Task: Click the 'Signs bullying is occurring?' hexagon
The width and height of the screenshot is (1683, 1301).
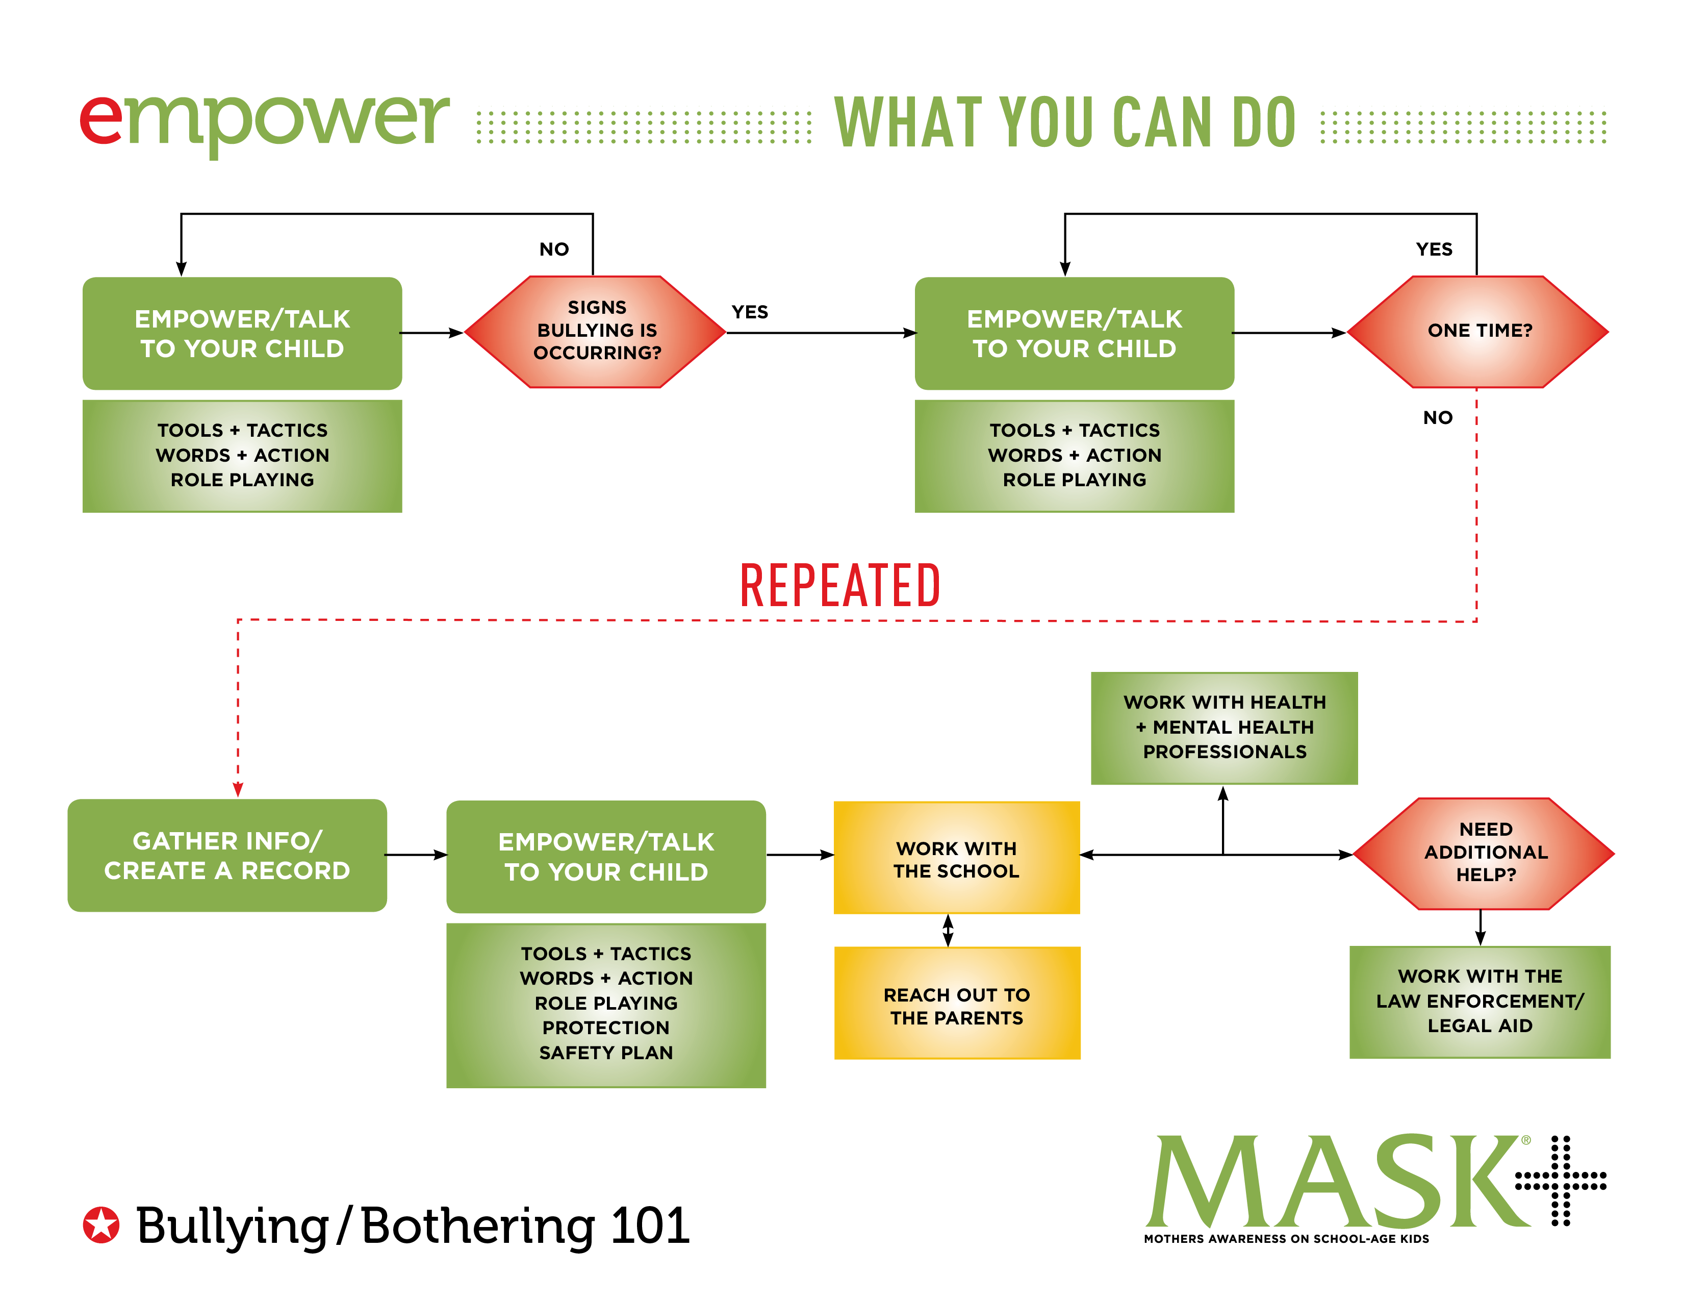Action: pos(596,332)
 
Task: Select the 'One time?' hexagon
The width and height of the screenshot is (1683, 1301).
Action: pos(1478,332)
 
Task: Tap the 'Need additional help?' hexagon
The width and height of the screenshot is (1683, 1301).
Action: pos(1484,853)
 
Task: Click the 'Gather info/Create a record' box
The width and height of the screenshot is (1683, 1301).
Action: pos(227,856)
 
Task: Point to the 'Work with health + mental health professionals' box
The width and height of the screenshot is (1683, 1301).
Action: pos(1223,728)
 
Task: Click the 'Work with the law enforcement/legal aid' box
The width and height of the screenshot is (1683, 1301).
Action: pos(1480,1001)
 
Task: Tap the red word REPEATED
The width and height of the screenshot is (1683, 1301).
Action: pos(840,586)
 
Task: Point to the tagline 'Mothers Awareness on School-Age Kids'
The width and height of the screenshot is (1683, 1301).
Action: pos(1285,1239)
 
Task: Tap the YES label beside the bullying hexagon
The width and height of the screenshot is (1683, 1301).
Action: pos(750,312)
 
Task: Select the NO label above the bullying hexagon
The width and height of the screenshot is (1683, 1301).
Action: pos(554,249)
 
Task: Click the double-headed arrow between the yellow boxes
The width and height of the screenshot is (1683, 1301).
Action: pos(948,930)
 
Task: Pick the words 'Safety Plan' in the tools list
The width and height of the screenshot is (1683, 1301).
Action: pos(606,1053)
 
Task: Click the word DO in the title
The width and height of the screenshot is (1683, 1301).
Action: pos(1264,123)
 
